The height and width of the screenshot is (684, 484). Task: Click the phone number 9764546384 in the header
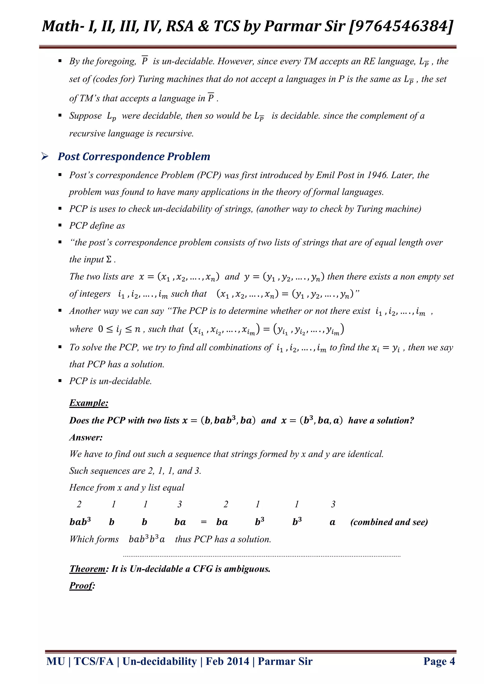pos(401,26)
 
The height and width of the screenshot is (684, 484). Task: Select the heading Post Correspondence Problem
pos(134,156)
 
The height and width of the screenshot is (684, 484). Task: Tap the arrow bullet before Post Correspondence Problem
pos(45,156)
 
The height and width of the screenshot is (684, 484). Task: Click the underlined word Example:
pos(89,403)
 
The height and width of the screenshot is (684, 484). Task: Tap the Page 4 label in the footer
pos(439,661)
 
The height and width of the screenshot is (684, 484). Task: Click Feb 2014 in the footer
pos(227,661)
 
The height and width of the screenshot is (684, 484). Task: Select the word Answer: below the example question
pos(86,437)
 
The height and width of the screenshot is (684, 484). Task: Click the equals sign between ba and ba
pos(204,522)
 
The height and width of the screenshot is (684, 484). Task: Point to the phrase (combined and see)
pos(389,522)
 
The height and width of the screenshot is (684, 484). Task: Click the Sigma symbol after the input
pos(109,260)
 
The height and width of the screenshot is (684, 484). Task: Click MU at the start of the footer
pos(56,661)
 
